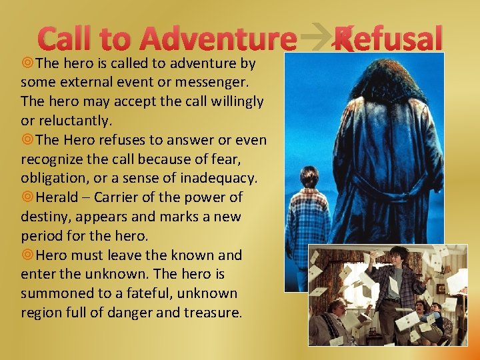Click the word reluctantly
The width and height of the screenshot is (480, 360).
point(73,121)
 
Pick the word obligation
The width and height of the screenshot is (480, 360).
point(53,178)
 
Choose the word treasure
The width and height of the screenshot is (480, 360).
point(209,312)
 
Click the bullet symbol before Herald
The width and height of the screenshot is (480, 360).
point(27,197)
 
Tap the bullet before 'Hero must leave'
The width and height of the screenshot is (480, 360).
point(27,255)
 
